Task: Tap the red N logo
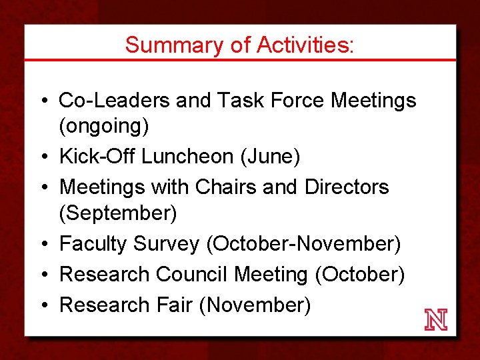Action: pos(436,320)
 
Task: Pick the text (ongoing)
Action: pos(104,126)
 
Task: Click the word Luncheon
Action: pos(183,157)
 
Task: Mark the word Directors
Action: pos(346,187)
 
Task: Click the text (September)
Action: pos(118,213)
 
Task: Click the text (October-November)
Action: pos(303,244)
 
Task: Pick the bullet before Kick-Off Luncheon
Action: pos(43,157)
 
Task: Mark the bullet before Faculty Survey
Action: pos(43,245)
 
